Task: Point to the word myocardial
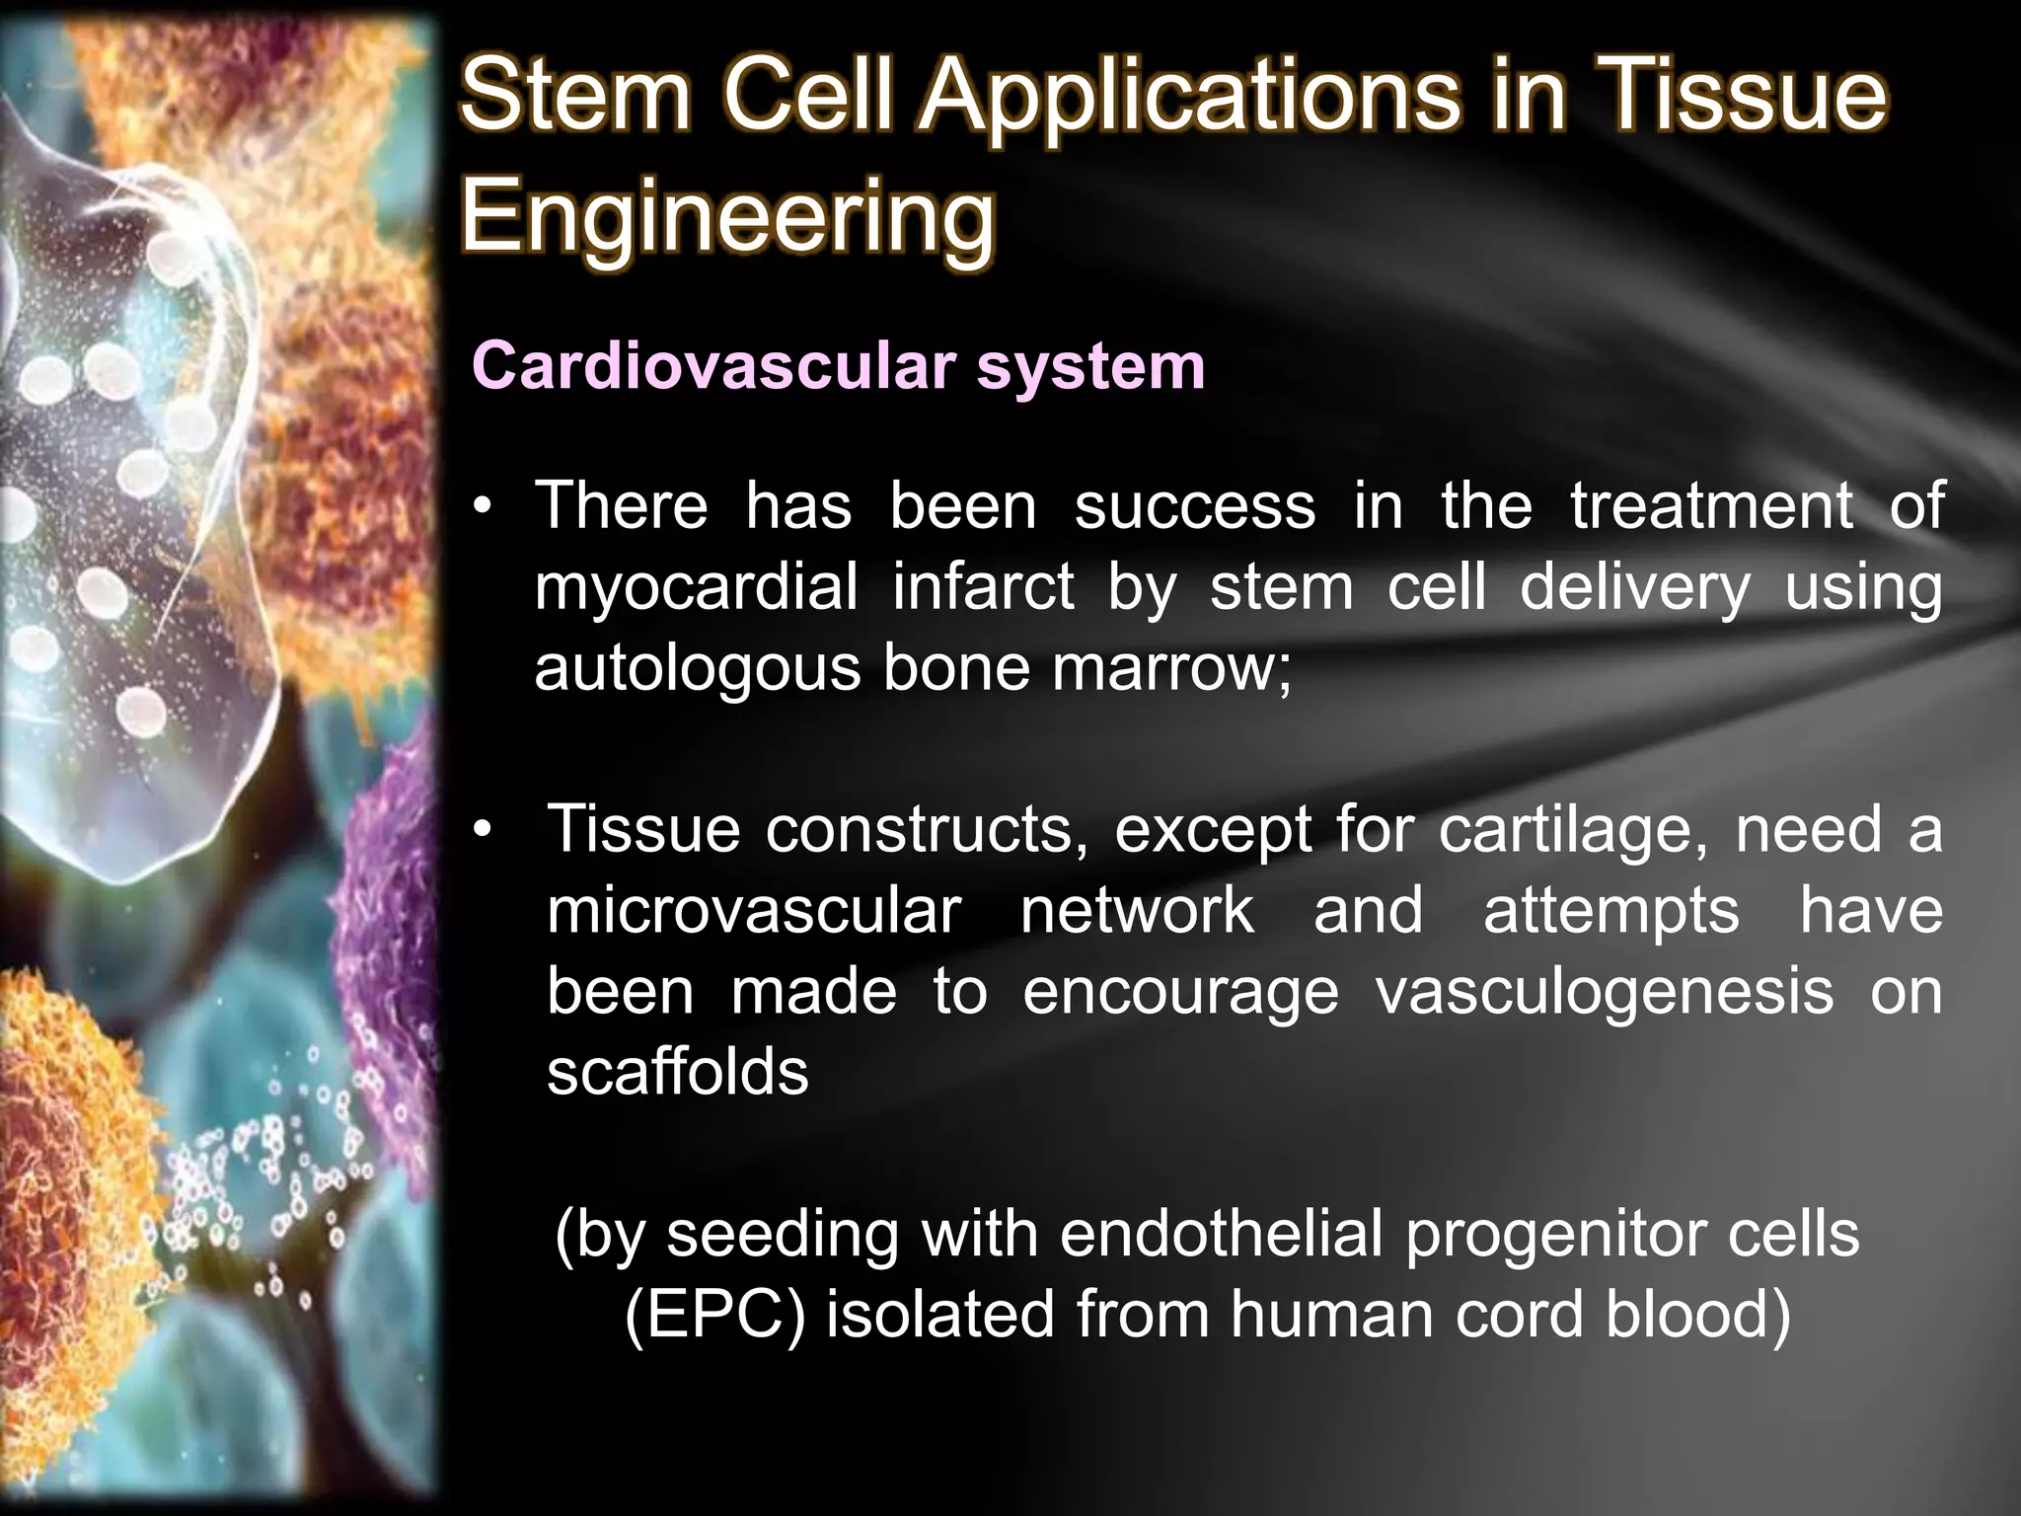(x=696, y=587)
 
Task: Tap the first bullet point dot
(x=481, y=509)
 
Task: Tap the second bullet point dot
(x=481, y=831)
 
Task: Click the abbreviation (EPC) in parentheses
(x=714, y=1316)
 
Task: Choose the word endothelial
(x=1220, y=1235)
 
